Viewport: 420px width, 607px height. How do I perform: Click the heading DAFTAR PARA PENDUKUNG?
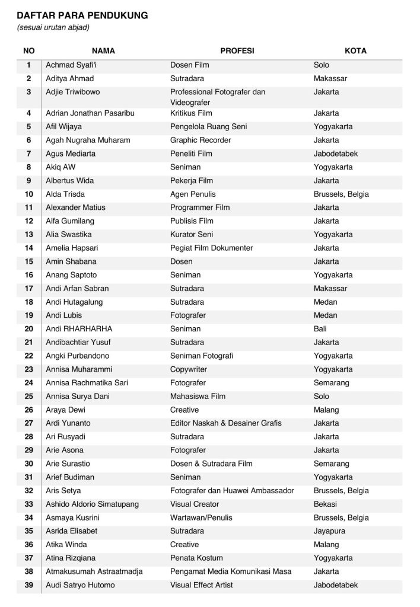(x=82, y=15)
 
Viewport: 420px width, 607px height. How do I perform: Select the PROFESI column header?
(x=237, y=51)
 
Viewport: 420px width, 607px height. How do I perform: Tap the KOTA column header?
(x=355, y=51)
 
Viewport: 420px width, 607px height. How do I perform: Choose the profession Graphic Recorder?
(x=201, y=140)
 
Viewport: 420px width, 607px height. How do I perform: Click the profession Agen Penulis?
(x=193, y=194)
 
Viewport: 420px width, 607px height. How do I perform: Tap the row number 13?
(x=29, y=235)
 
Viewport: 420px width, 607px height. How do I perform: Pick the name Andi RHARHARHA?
(x=79, y=329)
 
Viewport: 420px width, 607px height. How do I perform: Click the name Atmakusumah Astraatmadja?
(x=94, y=572)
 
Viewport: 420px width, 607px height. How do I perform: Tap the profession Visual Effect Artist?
(x=202, y=586)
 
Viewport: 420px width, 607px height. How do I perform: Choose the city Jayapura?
(x=329, y=531)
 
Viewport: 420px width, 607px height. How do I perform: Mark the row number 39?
(x=29, y=586)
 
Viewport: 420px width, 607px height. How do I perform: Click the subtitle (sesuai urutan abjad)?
(x=53, y=28)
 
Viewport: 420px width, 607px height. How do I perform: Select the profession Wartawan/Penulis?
(x=201, y=518)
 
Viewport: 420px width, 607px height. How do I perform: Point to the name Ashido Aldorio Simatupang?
(x=93, y=504)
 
